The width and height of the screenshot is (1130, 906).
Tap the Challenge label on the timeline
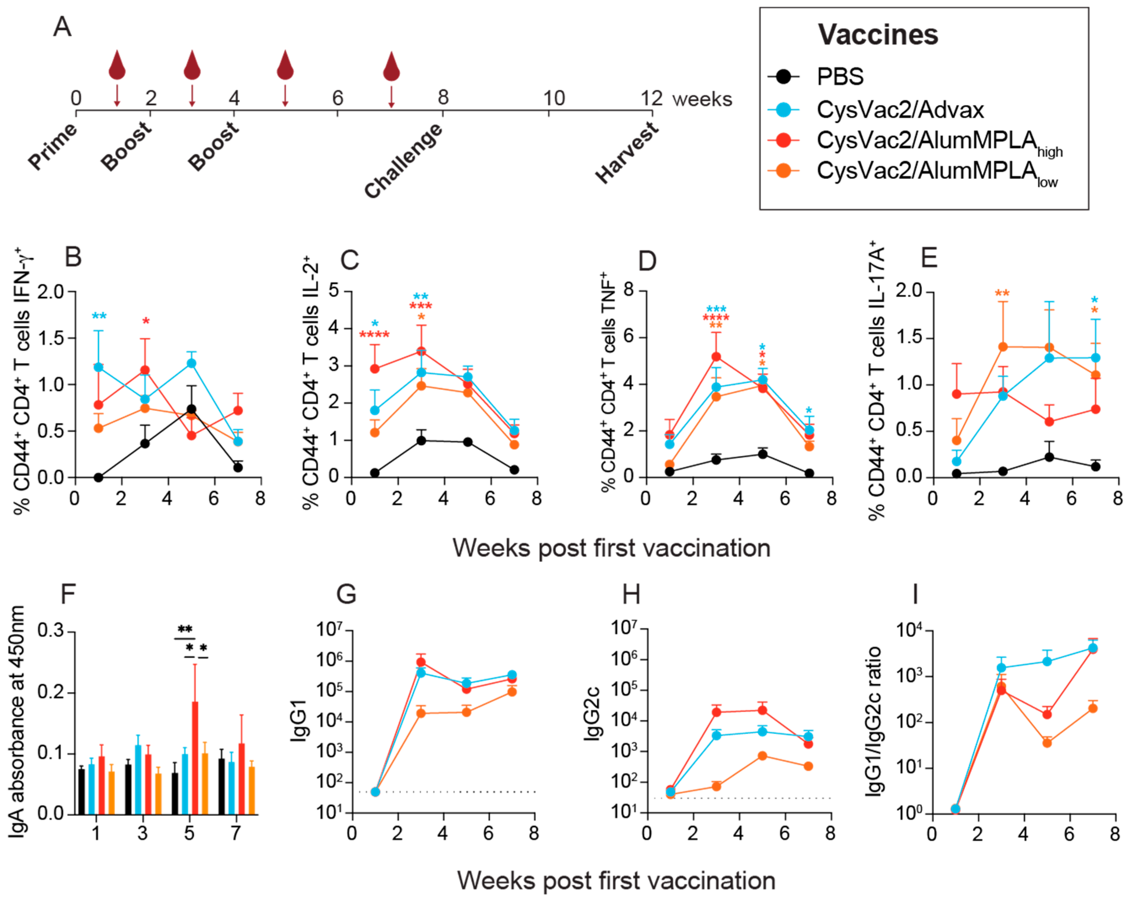coord(403,161)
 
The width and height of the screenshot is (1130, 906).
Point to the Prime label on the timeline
coord(53,146)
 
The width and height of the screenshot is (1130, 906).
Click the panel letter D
coord(648,261)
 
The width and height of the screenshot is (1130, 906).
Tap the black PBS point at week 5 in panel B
coord(192,409)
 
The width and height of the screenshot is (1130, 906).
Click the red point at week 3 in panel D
coord(716,357)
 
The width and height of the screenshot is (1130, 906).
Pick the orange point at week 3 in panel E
coord(1003,347)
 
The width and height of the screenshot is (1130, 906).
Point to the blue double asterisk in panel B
coord(99,316)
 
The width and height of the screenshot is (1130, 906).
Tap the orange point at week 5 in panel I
coord(1047,743)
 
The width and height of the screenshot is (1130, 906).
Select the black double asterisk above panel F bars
coord(185,629)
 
